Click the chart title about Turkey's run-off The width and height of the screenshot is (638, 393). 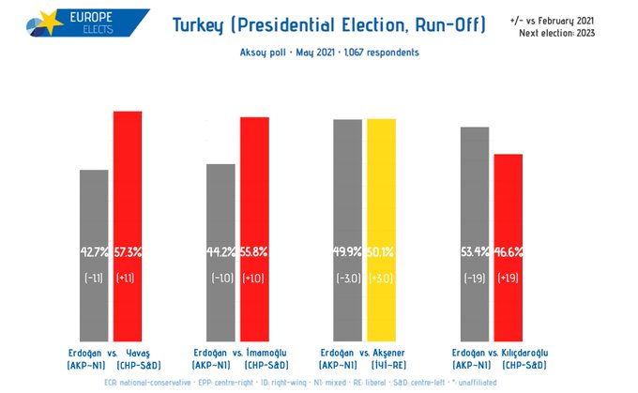click(x=329, y=24)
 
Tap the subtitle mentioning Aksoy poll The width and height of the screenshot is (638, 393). click(x=329, y=53)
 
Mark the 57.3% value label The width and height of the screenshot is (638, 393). click(x=128, y=251)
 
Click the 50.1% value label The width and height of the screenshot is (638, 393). click(x=381, y=251)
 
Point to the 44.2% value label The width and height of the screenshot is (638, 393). click(x=221, y=251)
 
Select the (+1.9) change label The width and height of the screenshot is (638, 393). click(x=508, y=279)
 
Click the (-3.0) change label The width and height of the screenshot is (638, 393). click(x=348, y=279)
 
